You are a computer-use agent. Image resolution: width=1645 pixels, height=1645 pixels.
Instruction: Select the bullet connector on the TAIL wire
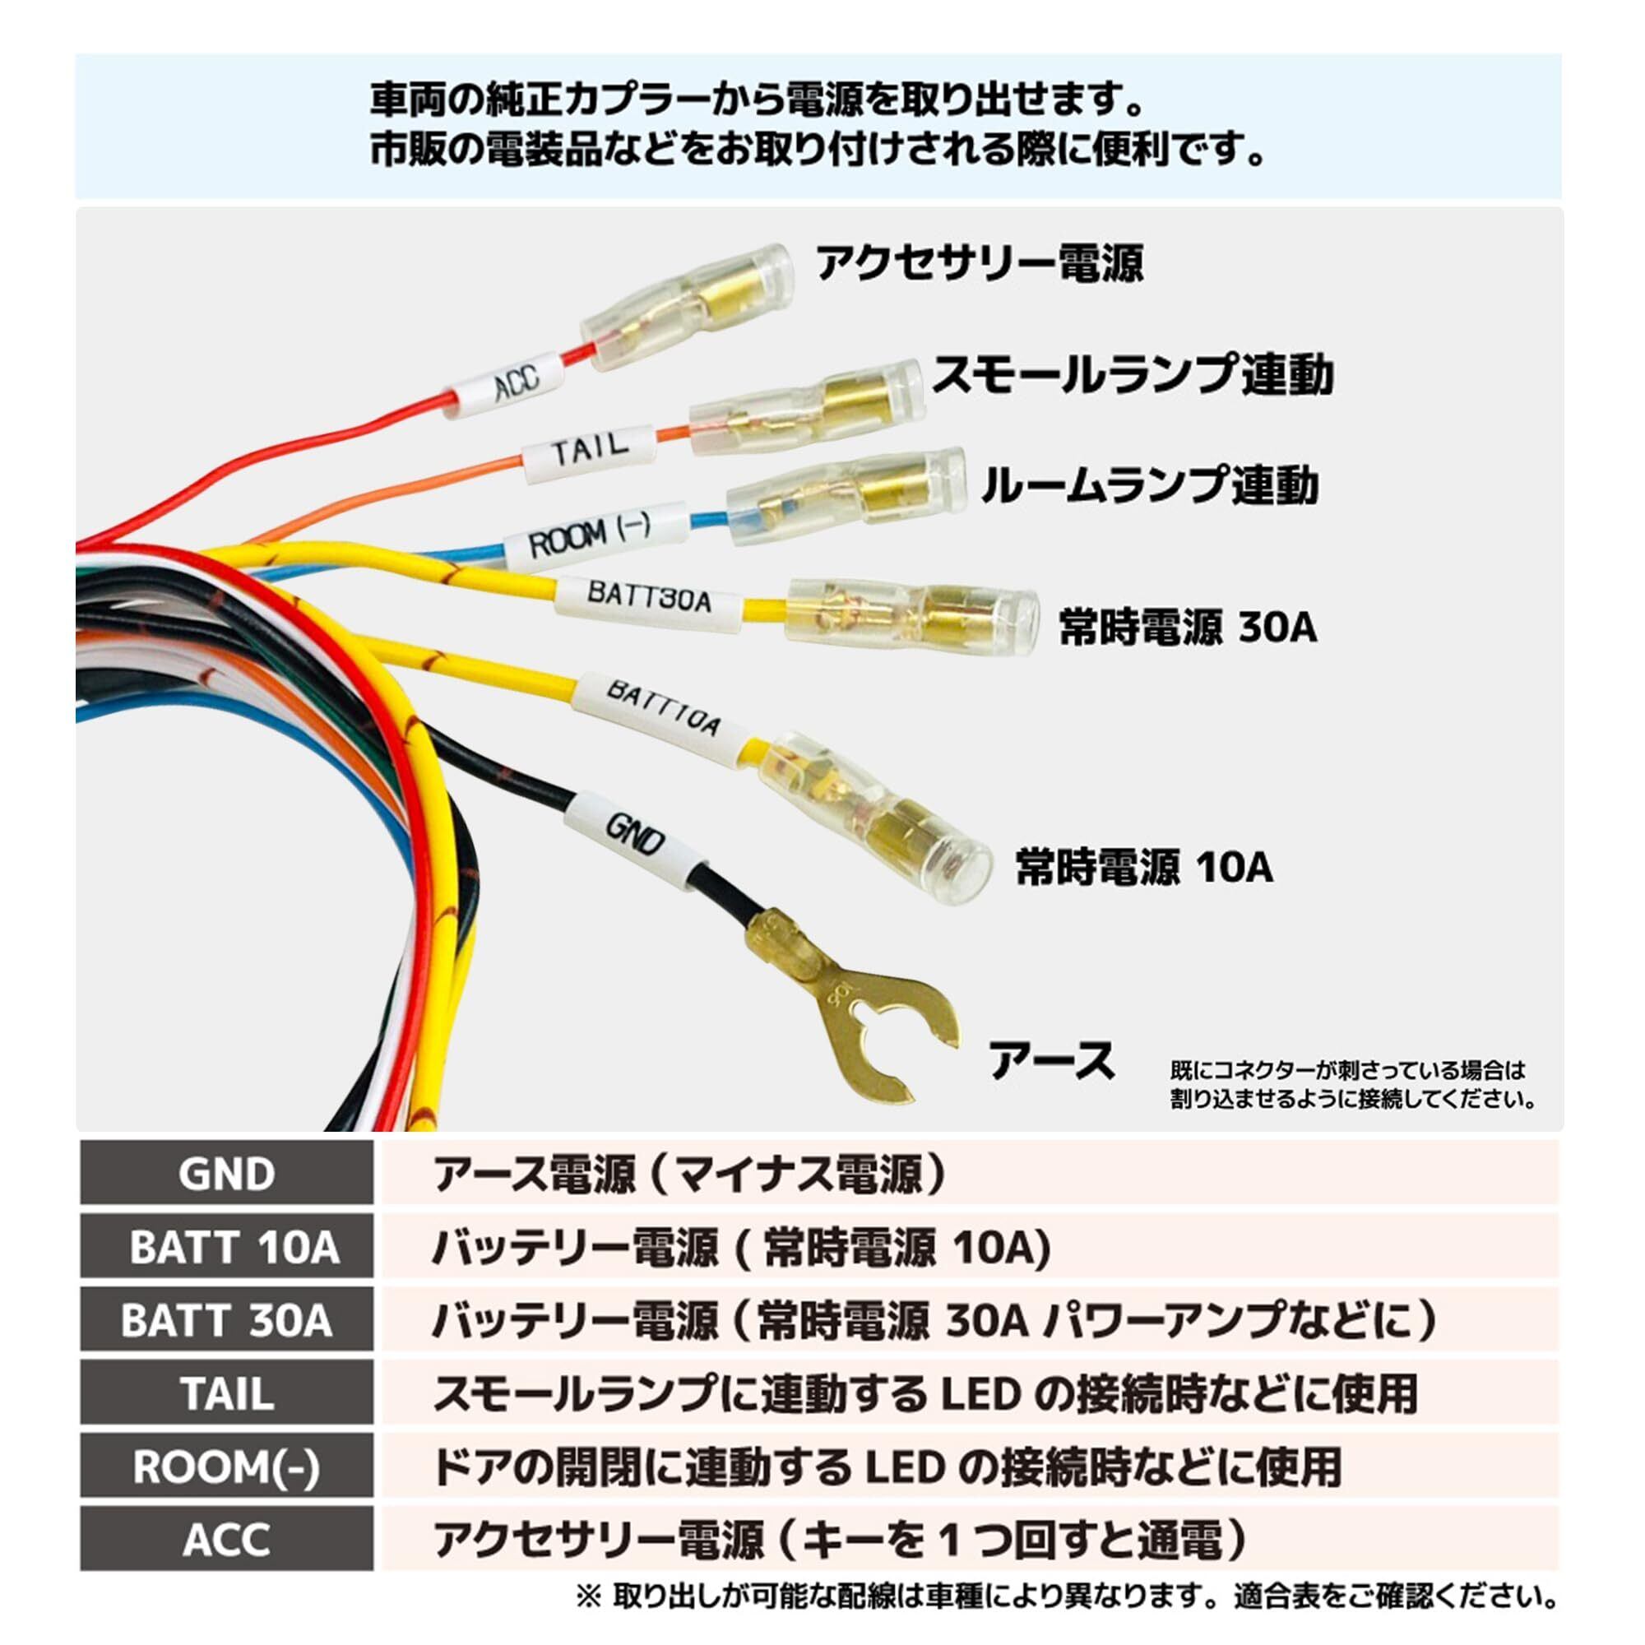[806, 407]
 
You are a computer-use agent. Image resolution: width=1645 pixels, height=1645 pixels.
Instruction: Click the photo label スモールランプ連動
[1133, 374]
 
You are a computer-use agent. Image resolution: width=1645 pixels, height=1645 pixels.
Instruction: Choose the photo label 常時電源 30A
[1188, 627]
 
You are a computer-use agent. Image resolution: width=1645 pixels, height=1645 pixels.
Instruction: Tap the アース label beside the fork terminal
[1050, 1061]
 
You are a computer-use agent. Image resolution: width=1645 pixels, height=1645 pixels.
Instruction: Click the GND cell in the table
[226, 1175]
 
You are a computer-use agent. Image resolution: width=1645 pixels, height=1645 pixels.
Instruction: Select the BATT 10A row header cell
[226, 1248]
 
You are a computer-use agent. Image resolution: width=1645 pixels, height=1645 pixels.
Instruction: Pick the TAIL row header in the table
[226, 1394]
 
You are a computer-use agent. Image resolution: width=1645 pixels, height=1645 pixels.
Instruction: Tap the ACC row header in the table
[226, 1540]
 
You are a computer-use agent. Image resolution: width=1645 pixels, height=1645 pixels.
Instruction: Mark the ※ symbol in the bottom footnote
[589, 1596]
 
